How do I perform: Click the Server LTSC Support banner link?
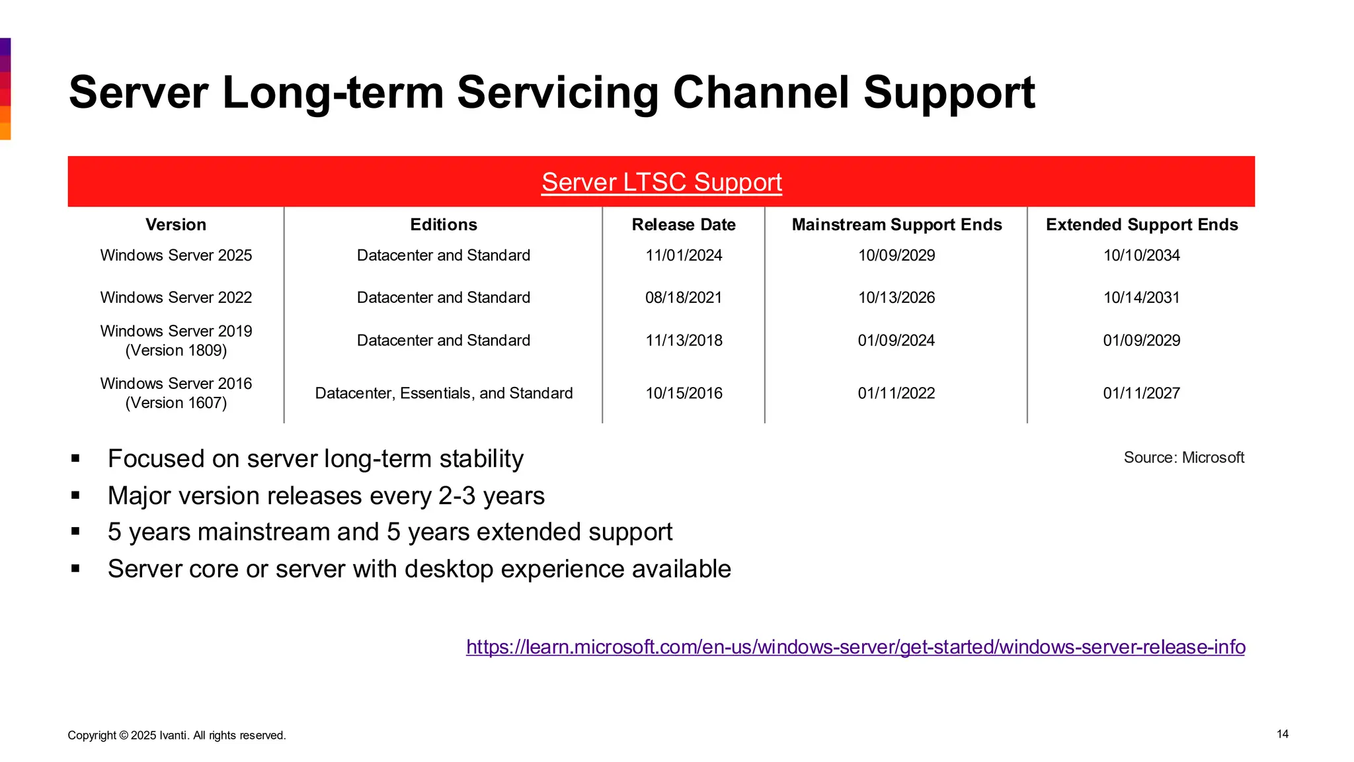(x=661, y=182)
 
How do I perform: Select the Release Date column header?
(x=684, y=225)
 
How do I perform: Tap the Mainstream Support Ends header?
(x=896, y=225)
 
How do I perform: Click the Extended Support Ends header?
(x=1141, y=225)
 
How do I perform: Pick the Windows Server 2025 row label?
(x=176, y=255)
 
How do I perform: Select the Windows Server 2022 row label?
(x=176, y=298)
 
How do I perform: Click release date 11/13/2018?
(x=684, y=341)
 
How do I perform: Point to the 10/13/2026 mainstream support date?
(x=896, y=298)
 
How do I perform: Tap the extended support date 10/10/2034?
(x=1141, y=255)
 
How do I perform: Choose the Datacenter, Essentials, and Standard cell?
(x=444, y=394)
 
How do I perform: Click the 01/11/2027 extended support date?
(x=1141, y=394)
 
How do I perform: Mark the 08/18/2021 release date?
(x=684, y=298)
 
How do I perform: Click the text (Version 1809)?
(x=176, y=351)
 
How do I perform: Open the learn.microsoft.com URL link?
(x=856, y=647)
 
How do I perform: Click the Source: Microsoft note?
(x=1183, y=458)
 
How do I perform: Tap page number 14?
(x=1282, y=734)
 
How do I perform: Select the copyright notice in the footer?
(x=177, y=736)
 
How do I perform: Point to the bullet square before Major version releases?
(x=75, y=495)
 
